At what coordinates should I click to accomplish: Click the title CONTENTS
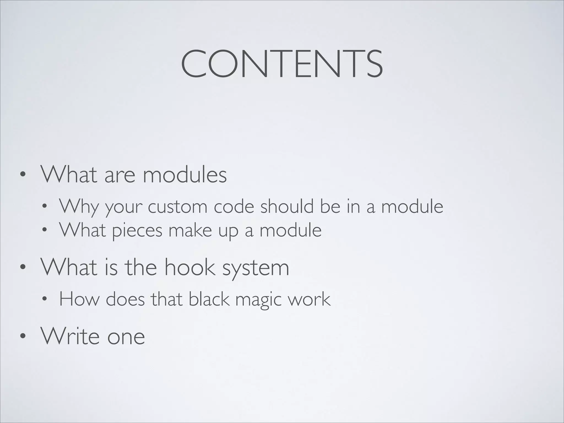[x=282, y=64]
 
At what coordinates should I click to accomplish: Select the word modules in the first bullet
[x=185, y=175]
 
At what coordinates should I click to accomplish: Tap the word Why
[x=79, y=206]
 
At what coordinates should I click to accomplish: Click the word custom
[x=178, y=206]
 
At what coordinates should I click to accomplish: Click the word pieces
[x=137, y=230]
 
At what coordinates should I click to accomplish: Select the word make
[x=190, y=230]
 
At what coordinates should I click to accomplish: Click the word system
[x=256, y=268]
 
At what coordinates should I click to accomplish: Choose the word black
[x=209, y=299]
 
